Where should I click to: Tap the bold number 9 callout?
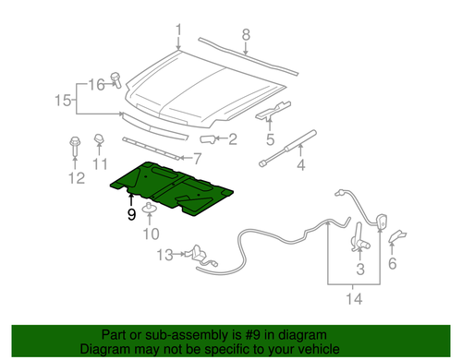pyautogui.click(x=131, y=214)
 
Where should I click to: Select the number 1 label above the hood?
pyautogui.click(x=178, y=30)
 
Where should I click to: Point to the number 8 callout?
pyautogui.click(x=246, y=35)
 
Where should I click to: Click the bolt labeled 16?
pyautogui.click(x=115, y=79)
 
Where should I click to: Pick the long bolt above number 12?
pyautogui.click(x=75, y=147)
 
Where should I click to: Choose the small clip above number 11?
pyautogui.click(x=99, y=139)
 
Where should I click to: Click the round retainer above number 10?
pyautogui.click(x=150, y=208)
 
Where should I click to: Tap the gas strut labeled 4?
pyautogui.click(x=287, y=149)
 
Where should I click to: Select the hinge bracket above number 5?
pyautogui.click(x=274, y=110)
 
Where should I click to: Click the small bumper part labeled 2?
pyautogui.click(x=207, y=139)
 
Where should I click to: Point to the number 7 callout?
pyautogui.click(x=197, y=159)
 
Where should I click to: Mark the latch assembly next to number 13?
pyautogui.click(x=201, y=256)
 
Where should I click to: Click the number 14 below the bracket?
pyautogui.click(x=354, y=299)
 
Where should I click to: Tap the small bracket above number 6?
pyautogui.click(x=397, y=235)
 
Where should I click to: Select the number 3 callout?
pyautogui.click(x=360, y=270)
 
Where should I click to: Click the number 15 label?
pyautogui.click(x=63, y=101)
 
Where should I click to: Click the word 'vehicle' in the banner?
pyautogui.click(x=321, y=349)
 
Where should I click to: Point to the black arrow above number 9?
pyautogui.click(x=131, y=199)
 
